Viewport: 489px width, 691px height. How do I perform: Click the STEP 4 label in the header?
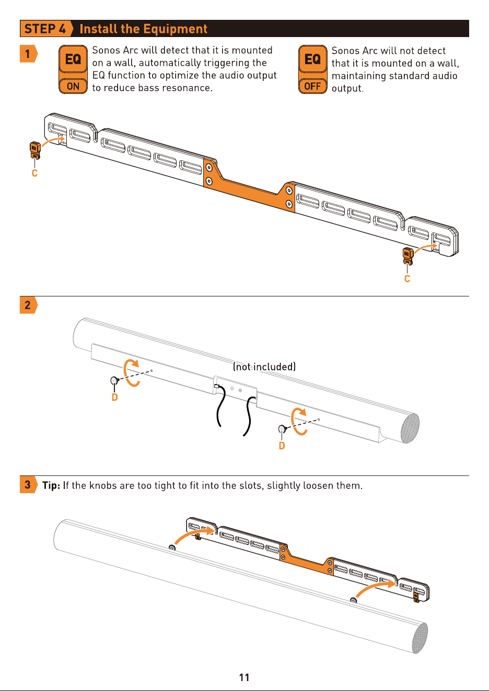click(x=45, y=29)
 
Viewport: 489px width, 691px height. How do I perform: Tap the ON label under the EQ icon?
click(x=73, y=86)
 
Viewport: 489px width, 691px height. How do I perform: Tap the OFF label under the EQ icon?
click(x=312, y=86)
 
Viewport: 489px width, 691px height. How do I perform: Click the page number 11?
click(x=244, y=677)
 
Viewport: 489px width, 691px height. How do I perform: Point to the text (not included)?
click(x=264, y=367)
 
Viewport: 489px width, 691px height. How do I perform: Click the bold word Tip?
click(x=51, y=485)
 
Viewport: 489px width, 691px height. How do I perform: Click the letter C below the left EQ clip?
click(x=34, y=173)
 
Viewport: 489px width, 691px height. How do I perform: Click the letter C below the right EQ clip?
click(x=407, y=279)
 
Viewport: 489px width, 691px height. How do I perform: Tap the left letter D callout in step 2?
click(x=114, y=397)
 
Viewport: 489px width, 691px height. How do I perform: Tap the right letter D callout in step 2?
click(x=282, y=446)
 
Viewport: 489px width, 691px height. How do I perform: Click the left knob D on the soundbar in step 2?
click(x=114, y=380)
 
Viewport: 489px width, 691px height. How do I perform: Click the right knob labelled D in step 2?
click(x=282, y=429)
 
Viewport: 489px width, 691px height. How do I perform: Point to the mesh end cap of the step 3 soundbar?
click(x=420, y=638)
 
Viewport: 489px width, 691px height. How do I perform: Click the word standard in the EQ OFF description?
click(x=395, y=76)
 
